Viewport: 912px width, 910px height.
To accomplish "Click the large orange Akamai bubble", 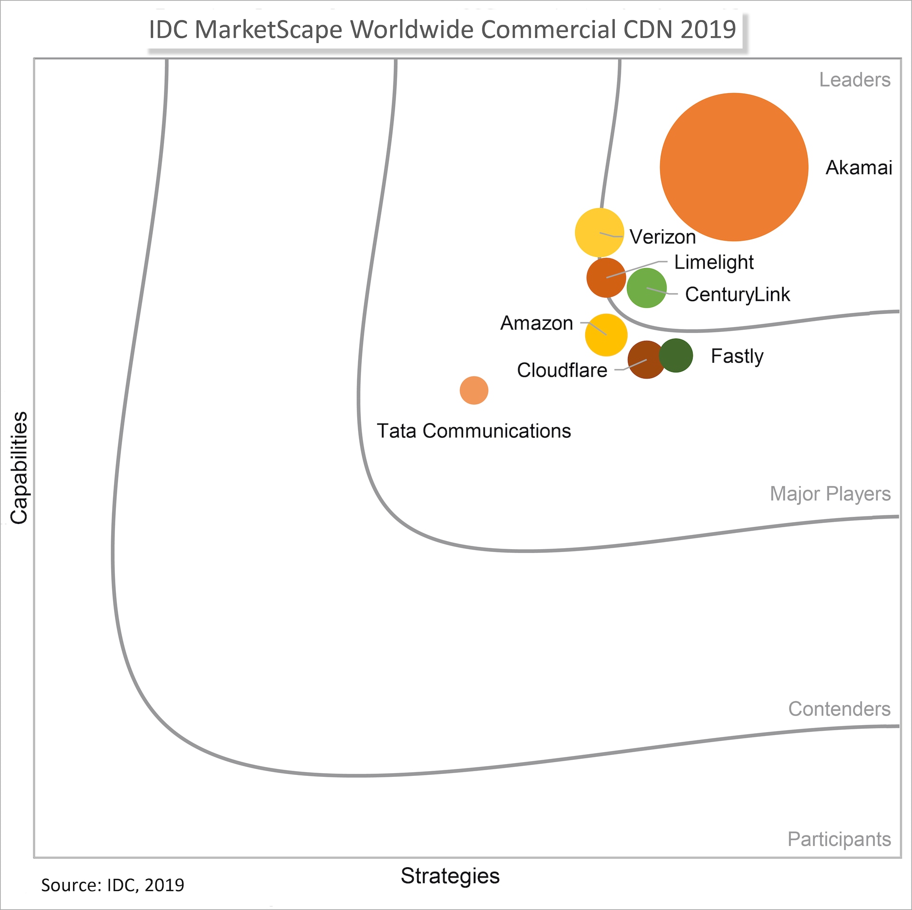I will pos(734,167).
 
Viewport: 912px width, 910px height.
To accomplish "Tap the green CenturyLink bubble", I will pos(646,288).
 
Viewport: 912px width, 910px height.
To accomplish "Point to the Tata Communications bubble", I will pos(474,390).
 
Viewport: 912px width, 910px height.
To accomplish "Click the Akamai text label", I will pos(859,168).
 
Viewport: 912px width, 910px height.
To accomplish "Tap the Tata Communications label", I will pos(474,431).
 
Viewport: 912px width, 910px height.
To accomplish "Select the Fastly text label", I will pos(737,356).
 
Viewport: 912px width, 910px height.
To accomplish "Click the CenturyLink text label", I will pos(737,294).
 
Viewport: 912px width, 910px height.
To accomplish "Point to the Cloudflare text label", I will pos(562,370).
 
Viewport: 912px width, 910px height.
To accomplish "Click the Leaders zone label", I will pos(855,80).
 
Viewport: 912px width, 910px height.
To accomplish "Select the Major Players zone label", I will pos(830,494).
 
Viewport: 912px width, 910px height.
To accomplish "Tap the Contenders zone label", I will pos(839,709).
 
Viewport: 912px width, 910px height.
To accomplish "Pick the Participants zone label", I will pos(839,839).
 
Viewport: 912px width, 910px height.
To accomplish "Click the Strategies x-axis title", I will pos(450,876).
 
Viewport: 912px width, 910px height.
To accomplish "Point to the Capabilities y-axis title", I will pos(19,468).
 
